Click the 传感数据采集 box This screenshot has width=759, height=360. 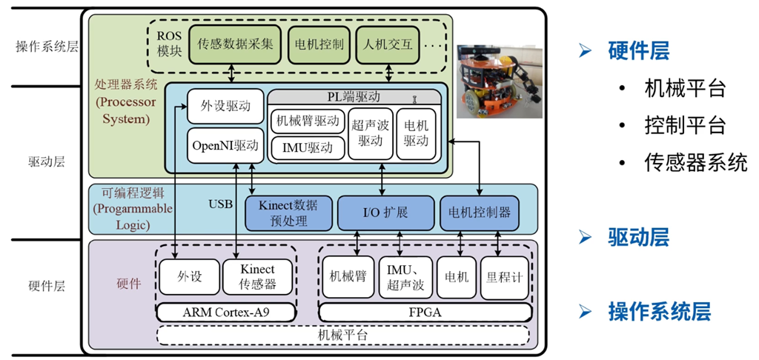point(236,44)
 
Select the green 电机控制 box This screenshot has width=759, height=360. point(319,44)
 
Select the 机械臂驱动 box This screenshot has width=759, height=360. point(307,120)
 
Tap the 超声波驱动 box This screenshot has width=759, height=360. point(370,133)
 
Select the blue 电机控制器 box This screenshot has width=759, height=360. point(479,213)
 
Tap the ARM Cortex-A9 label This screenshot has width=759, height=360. point(226,313)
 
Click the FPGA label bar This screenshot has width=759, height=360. point(425,313)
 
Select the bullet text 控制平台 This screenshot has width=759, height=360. point(685,125)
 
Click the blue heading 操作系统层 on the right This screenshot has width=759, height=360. point(659,311)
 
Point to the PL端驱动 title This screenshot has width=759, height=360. point(354,96)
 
